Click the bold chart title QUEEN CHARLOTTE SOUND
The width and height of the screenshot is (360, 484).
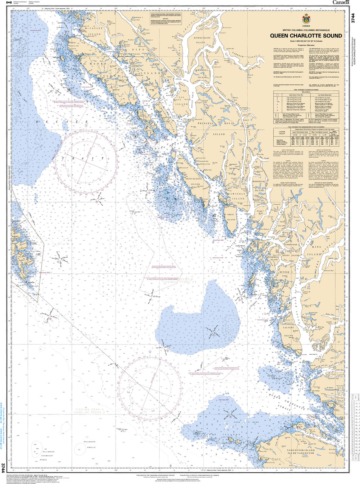coord(306,36)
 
